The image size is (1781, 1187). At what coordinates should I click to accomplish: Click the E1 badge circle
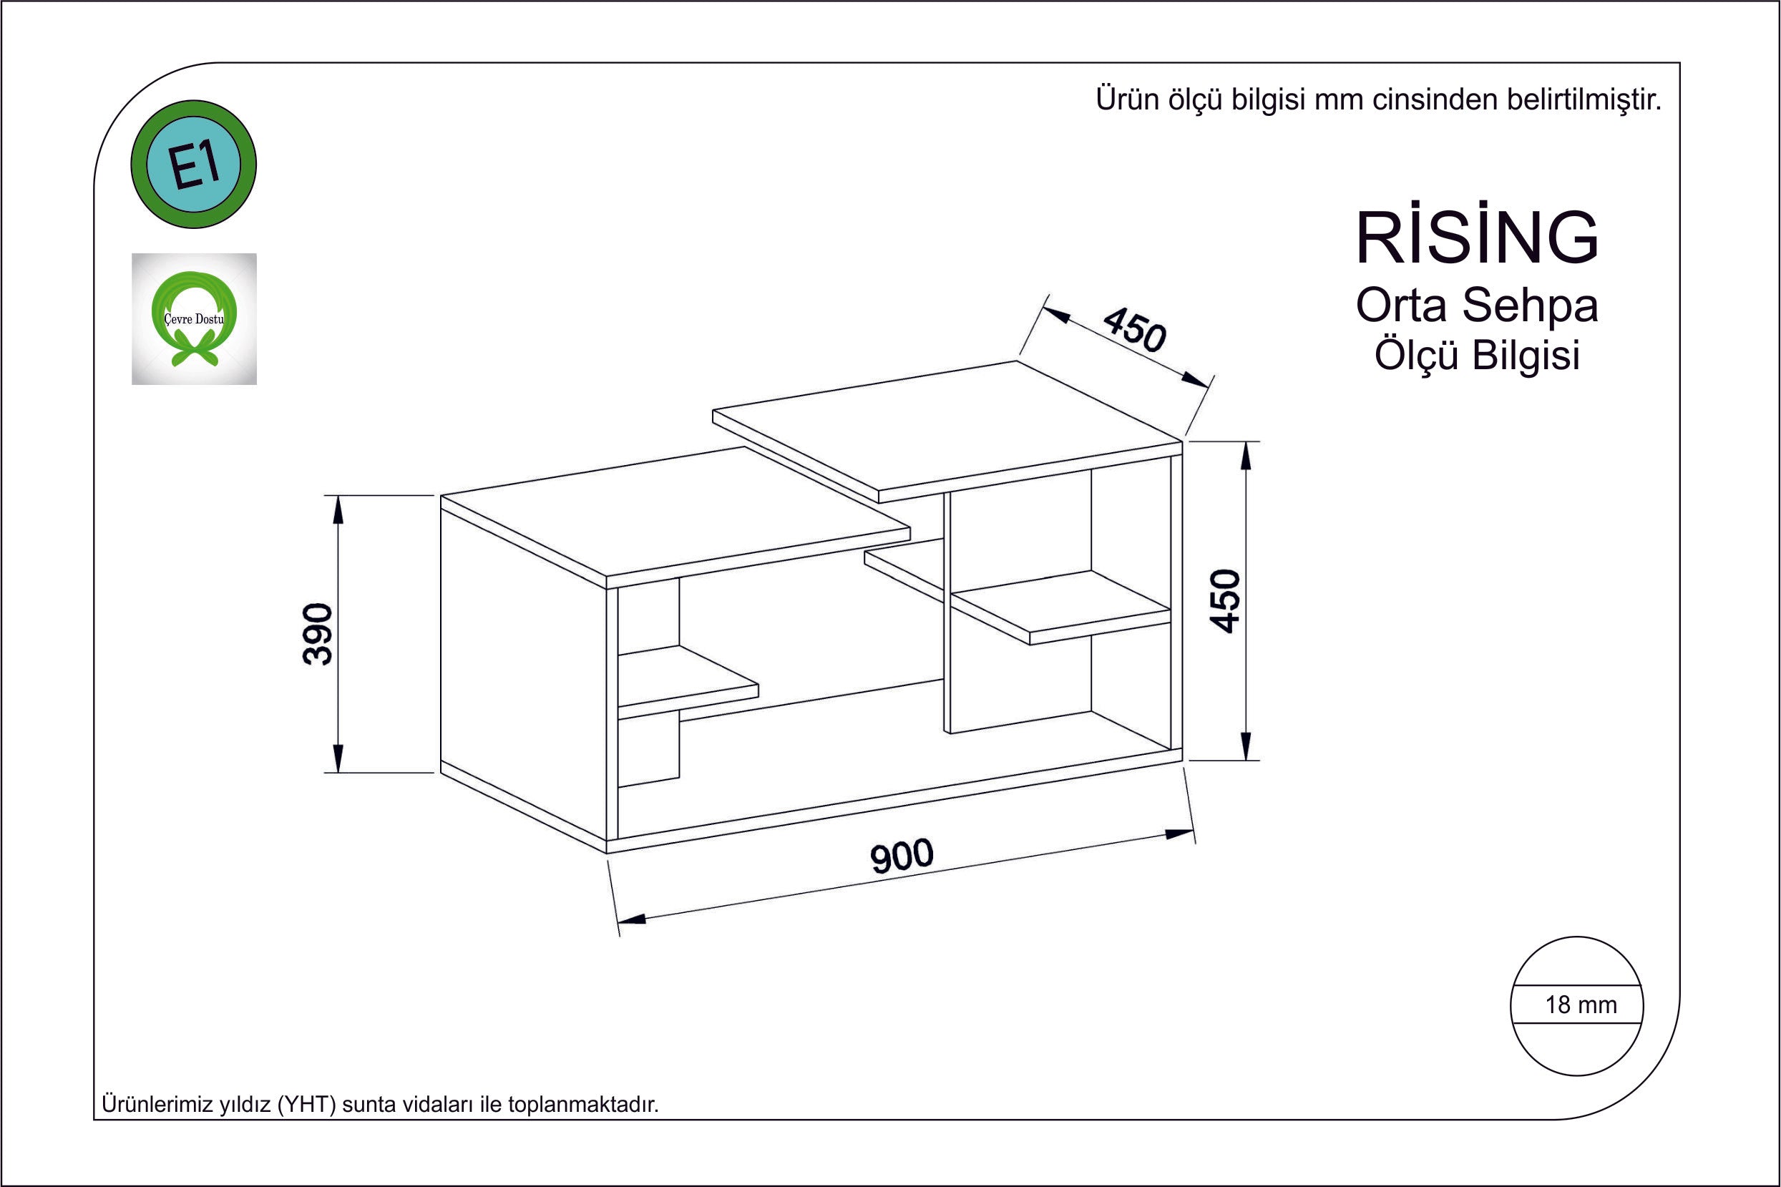tap(194, 165)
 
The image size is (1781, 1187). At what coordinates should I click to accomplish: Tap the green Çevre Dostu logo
tap(194, 318)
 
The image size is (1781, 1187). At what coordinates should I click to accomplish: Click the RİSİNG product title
tap(1477, 238)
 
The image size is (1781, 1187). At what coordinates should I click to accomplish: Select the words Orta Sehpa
tap(1477, 305)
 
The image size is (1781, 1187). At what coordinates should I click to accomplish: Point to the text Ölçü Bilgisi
tap(1477, 355)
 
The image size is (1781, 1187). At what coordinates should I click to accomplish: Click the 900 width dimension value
tap(902, 857)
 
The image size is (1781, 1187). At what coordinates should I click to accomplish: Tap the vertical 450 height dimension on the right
tap(1226, 600)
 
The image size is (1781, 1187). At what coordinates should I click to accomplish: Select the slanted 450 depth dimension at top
tap(1134, 330)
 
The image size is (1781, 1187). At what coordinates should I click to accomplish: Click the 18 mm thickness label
tap(1581, 1005)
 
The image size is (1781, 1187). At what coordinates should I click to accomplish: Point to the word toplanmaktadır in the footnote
tap(583, 1105)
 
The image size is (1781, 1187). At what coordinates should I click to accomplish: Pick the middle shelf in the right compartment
tap(1060, 605)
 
